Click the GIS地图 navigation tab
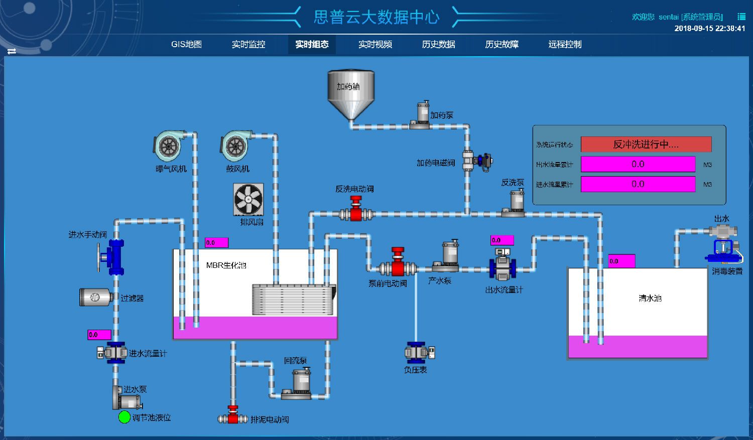186,45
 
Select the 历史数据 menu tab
438,45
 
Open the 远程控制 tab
565,45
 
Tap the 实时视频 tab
375,45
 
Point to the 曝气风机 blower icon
169,146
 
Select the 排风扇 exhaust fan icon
248,200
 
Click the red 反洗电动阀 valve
356,210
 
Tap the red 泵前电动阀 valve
398,262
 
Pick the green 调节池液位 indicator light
124,417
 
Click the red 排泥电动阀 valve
233,416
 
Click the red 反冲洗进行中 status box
646,144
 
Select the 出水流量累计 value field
638,164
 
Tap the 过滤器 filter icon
95,297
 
